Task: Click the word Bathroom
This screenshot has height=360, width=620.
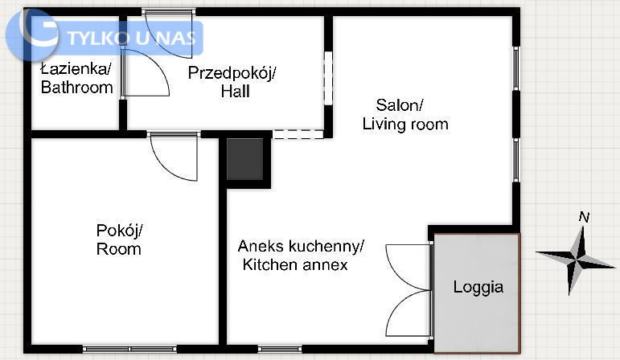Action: point(76,88)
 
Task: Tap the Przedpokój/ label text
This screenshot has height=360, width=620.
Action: point(232,73)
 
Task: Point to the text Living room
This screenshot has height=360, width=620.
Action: point(404,125)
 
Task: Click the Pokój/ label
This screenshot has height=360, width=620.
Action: point(119,230)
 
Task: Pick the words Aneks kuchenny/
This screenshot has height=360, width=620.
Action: point(301,245)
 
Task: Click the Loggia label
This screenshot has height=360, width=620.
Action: point(478,287)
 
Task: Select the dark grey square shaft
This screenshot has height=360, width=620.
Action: point(245,158)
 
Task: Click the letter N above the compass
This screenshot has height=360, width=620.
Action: point(585,217)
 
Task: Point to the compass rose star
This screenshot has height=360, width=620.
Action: point(577,259)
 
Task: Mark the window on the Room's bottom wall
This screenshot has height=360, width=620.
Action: point(129,349)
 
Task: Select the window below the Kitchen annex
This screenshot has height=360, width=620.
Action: point(280,349)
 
